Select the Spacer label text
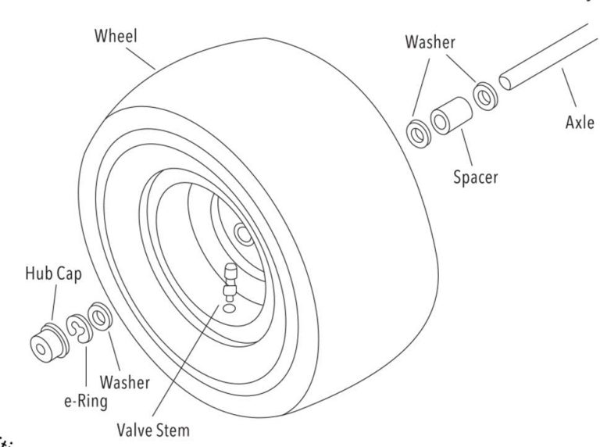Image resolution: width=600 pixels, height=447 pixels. point(475,177)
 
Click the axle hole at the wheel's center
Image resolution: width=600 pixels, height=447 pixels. point(243,232)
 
